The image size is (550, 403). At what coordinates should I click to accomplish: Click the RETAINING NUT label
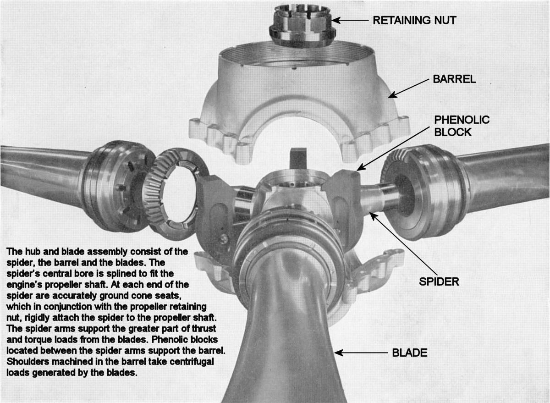[x=414, y=20]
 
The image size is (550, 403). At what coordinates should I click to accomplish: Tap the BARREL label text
[x=454, y=79]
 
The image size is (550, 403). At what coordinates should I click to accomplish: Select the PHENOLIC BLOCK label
[x=462, y=126]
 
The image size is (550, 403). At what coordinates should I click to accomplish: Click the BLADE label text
[x=410, y=353]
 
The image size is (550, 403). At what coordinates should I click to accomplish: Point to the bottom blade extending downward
[x=284, y=348]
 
